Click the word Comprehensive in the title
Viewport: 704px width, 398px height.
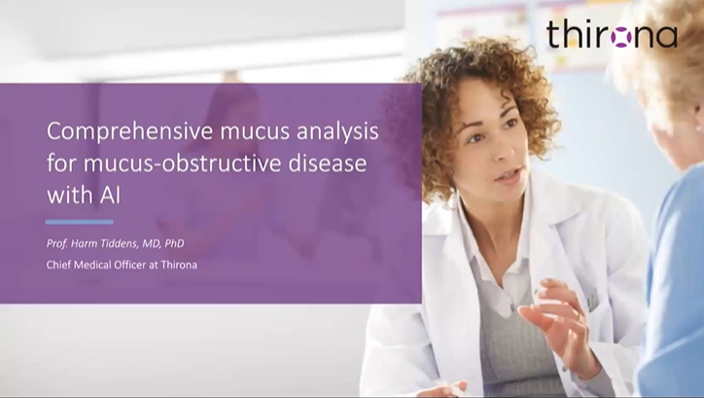(130, 132)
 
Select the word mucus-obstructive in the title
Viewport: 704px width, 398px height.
(183, 163)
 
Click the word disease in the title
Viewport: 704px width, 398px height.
(328, 163)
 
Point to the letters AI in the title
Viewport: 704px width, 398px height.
(110, 195)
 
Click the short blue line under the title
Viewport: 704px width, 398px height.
(79, 222)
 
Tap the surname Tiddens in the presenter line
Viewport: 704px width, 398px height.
(122, 243)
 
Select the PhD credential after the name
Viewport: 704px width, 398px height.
(174, 243)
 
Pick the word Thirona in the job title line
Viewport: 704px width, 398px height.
(179, 265)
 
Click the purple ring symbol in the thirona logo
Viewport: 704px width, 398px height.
(621, 36)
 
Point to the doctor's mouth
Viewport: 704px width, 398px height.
(509, 175)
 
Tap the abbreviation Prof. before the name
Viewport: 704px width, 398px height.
(57, 243)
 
